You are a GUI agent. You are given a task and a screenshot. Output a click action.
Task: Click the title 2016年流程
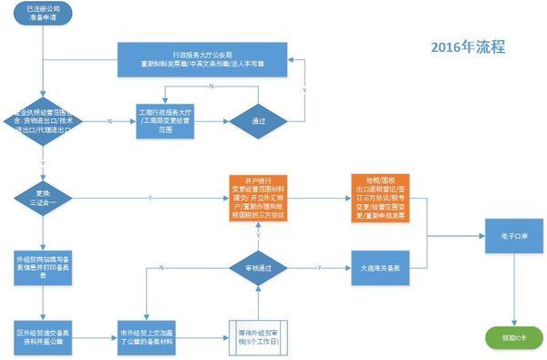coord(468,46)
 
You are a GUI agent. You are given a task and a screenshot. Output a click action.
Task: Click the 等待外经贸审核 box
coord(258,331)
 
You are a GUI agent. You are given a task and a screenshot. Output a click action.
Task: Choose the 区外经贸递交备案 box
coord(43,331)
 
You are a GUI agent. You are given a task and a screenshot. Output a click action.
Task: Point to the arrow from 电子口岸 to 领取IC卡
coord(513,291)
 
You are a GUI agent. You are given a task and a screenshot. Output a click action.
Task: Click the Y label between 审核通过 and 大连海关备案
coord(318,265)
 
